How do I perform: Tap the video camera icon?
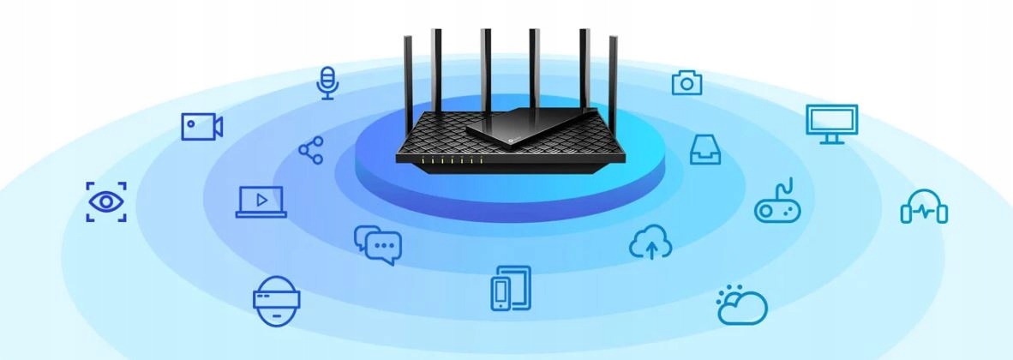[x=202, y=127]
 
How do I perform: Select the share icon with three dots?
[x=310, y=150]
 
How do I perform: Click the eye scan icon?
[x=106, y=201]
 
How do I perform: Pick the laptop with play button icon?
[x=261, y=201]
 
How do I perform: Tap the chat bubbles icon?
[x=378, y=244]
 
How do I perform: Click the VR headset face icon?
[x=277, y=300]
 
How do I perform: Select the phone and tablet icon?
[x=511, y=288]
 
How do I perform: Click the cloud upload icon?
[x=650, y=243]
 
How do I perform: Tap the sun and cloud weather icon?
[x=741, y=304]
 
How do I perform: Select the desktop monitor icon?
[x=831, y=123]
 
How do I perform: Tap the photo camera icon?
[x=686, y=82]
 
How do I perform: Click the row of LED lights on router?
[x=453, y=160]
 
